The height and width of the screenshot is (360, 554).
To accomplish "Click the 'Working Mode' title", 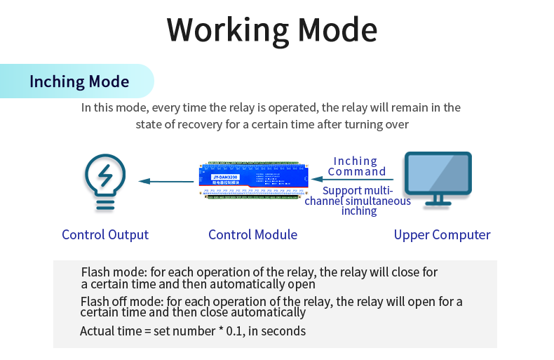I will [x=272, y=30].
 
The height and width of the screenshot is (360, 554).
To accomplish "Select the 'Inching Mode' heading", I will [x=79, y=81].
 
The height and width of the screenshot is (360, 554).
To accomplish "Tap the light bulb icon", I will [x=105, y=181].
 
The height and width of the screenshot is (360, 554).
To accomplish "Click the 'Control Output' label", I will [x=105, y=234].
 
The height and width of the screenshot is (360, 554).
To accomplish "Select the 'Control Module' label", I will [x=252, y=234].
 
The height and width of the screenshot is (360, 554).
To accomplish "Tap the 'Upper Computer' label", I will [x=442, y=234].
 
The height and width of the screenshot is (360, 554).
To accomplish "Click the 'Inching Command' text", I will [x=356, y=166].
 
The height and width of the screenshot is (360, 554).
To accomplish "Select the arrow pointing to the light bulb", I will [x=166, y=182].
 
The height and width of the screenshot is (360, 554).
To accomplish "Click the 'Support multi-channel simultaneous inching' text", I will [x=358, y=201].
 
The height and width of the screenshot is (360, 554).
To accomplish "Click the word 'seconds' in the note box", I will [x=286, y=331].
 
